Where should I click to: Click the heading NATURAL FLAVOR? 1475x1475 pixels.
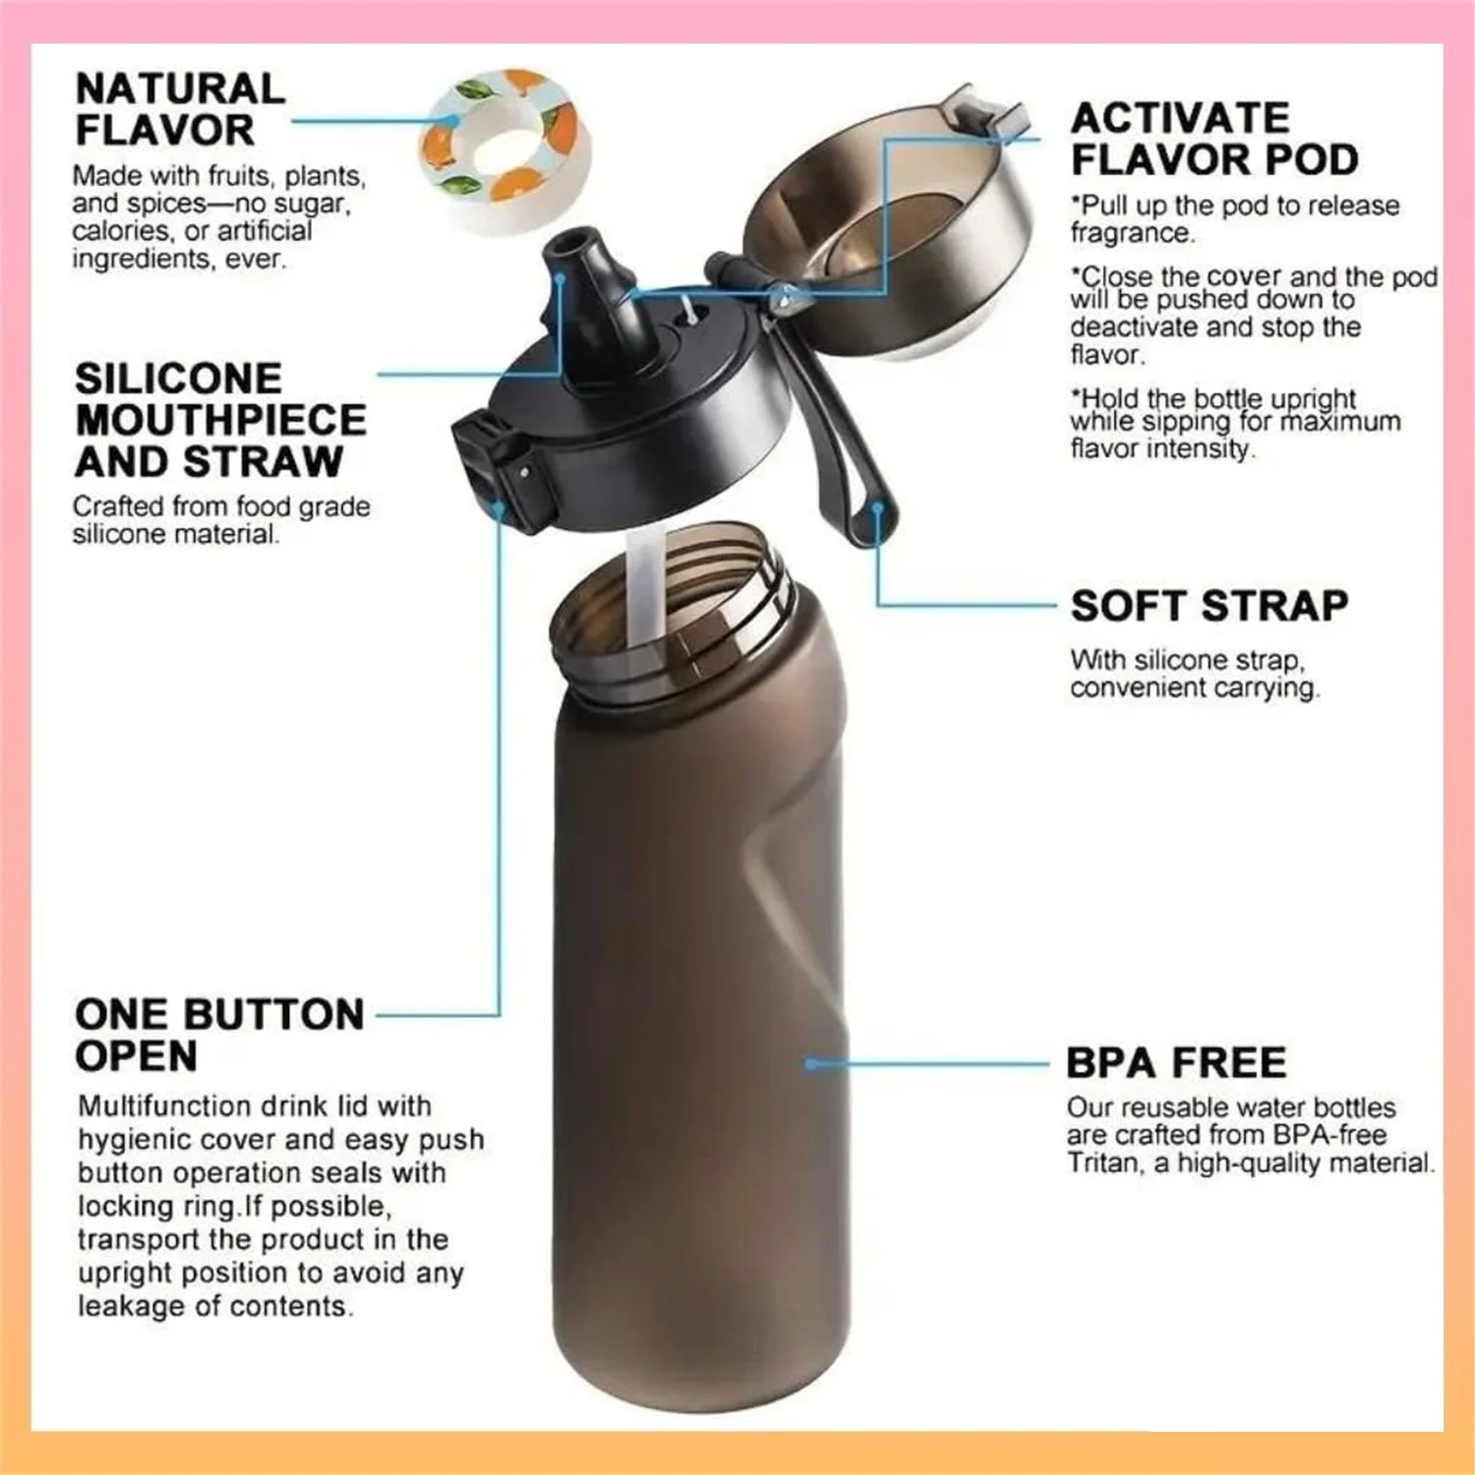point(180,109)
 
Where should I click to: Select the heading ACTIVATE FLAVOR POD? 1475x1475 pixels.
point(1213,139)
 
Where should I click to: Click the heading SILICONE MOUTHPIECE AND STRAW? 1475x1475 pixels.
point(220,420)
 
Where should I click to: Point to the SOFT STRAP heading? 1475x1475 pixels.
point(1209,606)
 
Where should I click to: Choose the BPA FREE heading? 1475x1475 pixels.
point(1176,1063)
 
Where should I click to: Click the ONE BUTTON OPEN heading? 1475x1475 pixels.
point(218,1034)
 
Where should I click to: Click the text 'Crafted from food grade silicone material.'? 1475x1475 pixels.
point(220,520)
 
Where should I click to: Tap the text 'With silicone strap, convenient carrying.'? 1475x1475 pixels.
point(1194,674)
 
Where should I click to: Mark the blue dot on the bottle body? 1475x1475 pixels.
point(810,1064)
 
